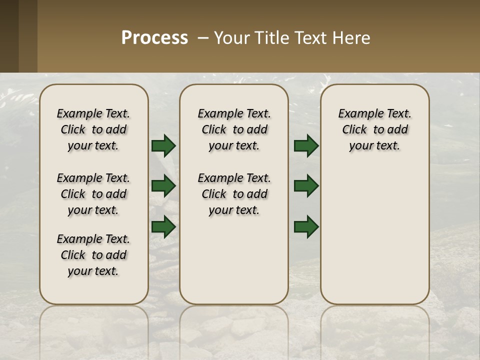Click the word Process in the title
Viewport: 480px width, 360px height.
point(154,38)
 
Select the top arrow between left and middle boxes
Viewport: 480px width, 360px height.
point(163,146)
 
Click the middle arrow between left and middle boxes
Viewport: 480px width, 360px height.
point(163,186)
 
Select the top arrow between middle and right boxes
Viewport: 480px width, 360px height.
point(306,146)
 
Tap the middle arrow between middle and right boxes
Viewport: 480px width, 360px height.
point(306,186)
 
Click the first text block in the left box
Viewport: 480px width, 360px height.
point(93,129)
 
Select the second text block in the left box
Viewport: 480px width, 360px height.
point(93,194)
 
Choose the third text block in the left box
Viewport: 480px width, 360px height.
point(93,255)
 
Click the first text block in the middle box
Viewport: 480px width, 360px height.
point(234,129)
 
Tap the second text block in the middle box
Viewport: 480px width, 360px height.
point(234,194)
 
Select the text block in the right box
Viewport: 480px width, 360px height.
point(374,129)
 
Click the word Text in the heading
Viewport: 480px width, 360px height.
point(312,38)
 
